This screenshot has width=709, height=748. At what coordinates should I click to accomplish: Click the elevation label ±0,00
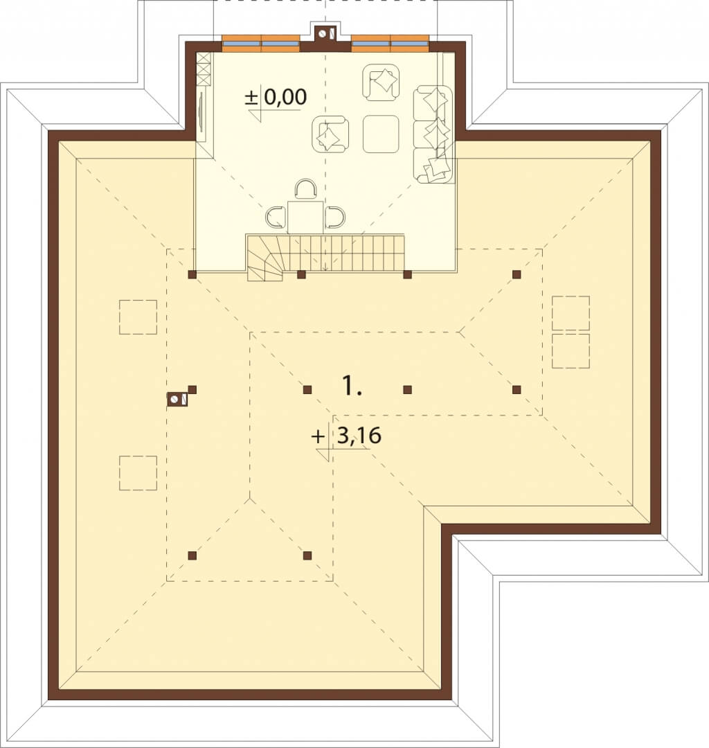tap(276, 98)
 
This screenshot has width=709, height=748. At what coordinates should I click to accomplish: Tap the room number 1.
tap(352, 386)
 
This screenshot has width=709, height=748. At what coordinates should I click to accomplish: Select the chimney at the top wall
tap(325, 33)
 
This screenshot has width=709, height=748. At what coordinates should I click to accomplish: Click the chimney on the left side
tap(177, 400)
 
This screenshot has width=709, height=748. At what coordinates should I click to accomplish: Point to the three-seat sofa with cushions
tap(433, 134)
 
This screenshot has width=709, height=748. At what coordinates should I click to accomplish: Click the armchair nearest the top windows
tap(381, 82)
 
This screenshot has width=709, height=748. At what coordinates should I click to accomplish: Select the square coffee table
tap(381, 134)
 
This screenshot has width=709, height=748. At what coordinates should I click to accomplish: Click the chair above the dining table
tap(305, 189)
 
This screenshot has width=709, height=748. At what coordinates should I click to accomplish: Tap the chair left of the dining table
tap(276, 217)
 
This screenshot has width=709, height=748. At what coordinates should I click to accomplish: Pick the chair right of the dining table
tap(334, 217)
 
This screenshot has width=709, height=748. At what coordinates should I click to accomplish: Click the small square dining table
tap(305, 217)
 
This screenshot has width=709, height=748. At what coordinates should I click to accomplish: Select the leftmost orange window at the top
tap(242, 43)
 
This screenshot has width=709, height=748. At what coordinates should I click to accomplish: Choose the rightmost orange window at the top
tap(410, 43)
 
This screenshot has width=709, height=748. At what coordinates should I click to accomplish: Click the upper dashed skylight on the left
tap(138, 317)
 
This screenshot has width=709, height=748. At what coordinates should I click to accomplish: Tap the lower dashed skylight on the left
tap(138, 473)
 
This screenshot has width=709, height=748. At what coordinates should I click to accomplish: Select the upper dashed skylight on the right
tap(571, 313)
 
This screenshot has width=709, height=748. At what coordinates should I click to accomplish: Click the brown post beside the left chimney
tap(192, 390)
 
